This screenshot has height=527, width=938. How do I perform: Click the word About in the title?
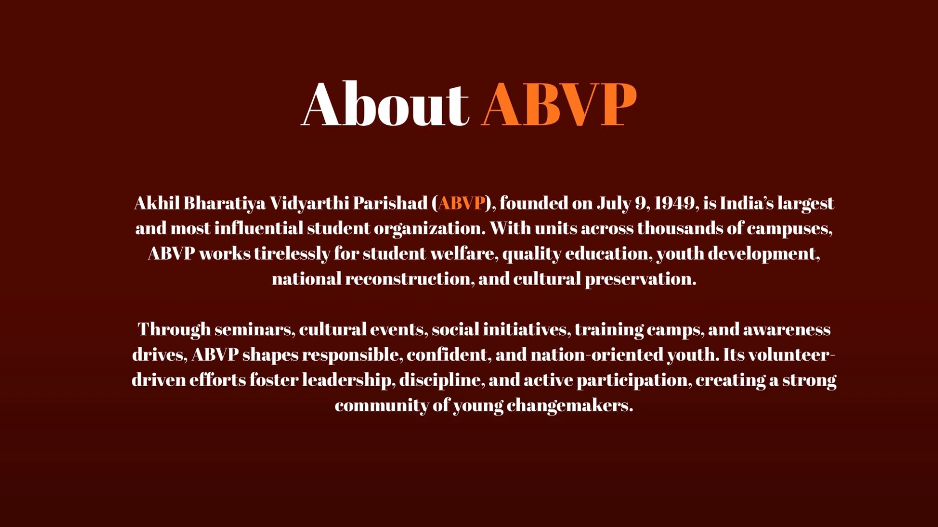coord(385,103)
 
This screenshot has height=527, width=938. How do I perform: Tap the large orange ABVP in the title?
coord(559,104)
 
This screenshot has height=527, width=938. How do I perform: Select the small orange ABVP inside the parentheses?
coord(461,203)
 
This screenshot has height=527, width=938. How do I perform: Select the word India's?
coord(747,203)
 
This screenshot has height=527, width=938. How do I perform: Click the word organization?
coord(429,229)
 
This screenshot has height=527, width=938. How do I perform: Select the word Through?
coord(174,330)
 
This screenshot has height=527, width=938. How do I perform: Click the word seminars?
coord(255,330)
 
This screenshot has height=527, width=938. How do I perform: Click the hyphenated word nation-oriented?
coord(597,355)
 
